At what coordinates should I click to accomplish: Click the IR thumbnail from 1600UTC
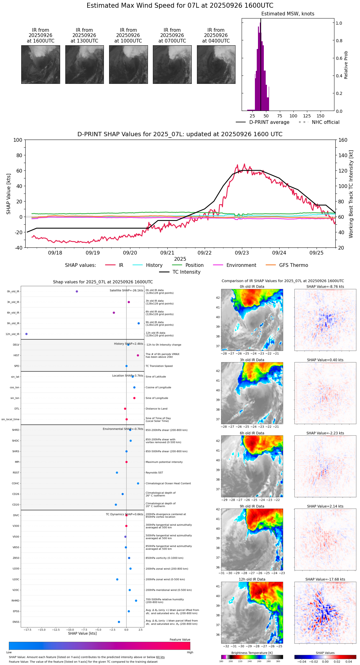41,64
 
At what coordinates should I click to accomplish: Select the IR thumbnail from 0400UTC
216,64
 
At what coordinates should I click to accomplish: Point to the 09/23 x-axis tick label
242,253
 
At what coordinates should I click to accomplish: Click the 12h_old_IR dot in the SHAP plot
27,334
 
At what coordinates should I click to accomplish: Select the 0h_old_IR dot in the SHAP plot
77,292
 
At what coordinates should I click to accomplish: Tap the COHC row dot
138,483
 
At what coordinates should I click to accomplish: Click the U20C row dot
117,579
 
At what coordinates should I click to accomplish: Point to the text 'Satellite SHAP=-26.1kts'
126,291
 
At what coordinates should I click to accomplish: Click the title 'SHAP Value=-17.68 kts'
325,579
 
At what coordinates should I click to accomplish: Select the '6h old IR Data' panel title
252,433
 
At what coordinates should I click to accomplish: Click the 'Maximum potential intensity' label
164,462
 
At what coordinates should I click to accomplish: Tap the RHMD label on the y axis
16,601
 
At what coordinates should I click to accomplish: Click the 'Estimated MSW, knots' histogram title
288,14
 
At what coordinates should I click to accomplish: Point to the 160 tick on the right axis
343,140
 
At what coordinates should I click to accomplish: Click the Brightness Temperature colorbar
252,657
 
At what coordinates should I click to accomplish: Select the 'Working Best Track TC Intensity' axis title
351,194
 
